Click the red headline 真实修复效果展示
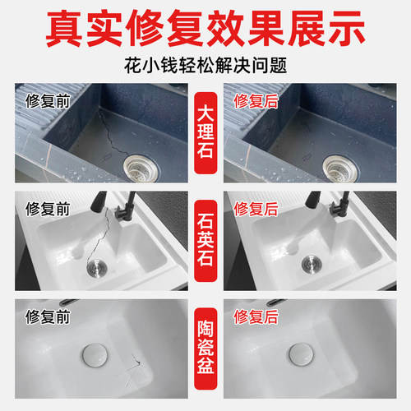pos(205,30)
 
